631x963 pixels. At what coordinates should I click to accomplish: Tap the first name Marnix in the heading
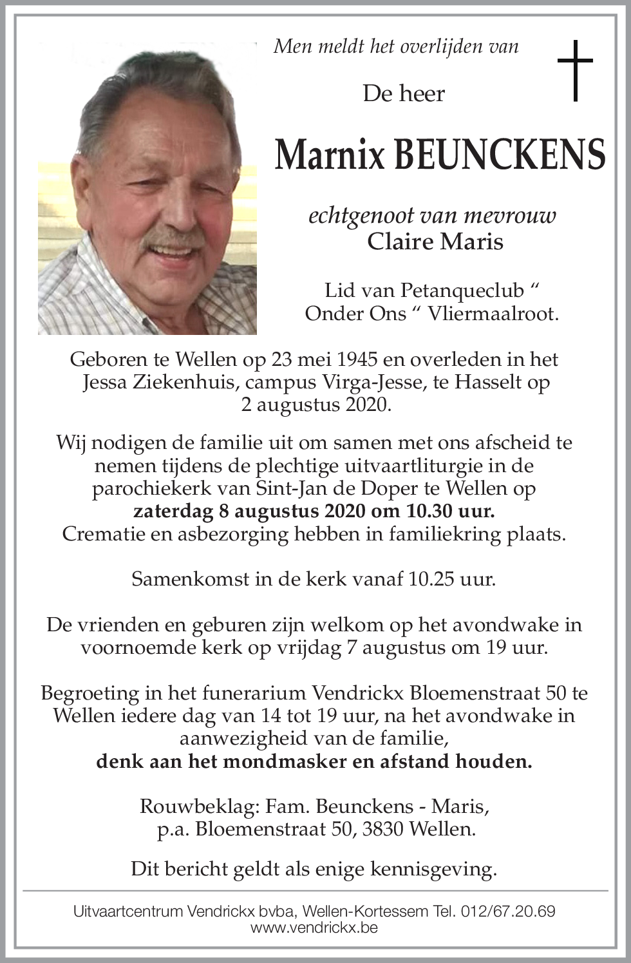[330, 154]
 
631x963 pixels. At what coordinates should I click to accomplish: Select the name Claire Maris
[435, 242]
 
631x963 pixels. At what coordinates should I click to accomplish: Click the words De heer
[404, 94]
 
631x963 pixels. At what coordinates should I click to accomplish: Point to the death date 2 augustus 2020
[315, 405]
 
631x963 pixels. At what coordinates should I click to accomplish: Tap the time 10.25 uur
[452, 579]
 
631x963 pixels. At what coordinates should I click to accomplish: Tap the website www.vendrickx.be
[314, 928]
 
